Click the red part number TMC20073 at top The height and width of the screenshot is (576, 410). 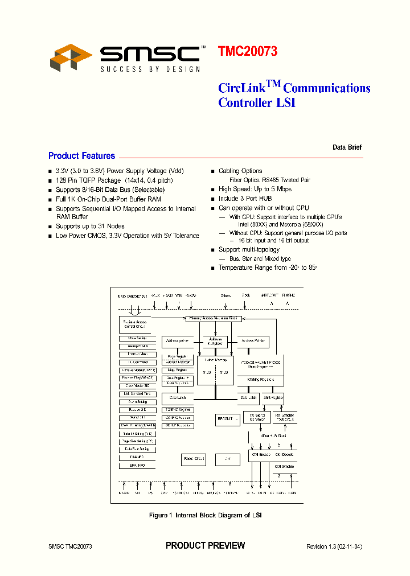(x=247, y=51)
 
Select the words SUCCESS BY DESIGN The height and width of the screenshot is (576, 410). (x=150, y=69)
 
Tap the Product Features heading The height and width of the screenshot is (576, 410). (x=81, y=156)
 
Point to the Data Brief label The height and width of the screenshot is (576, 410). (x=347, y=147)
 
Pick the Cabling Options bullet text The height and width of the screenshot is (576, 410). (x=240, y=171)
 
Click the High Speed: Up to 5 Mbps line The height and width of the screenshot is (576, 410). (x=255, y=189)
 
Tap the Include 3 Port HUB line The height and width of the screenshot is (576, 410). (x=245, y=199)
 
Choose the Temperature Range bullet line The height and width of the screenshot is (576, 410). (x=271, y=268)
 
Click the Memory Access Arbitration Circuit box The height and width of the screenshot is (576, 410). (x=214, y=318)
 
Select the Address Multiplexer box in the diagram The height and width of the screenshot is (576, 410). (x=215, y=342)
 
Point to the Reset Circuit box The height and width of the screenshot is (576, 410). (x=194, y=458)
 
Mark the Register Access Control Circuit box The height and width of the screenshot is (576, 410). (x=134, y=324)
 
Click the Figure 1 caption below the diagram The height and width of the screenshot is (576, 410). (x=205, y=515)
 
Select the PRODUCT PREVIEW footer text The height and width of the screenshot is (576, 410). (x=205, y=545)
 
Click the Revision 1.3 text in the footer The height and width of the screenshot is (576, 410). (x=334, y=546)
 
